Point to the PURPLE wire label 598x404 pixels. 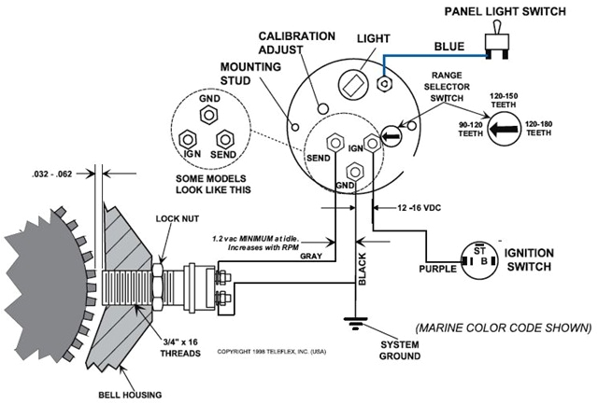(439, 270)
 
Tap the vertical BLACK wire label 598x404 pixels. (364, 270)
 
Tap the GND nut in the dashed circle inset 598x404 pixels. (210, 114)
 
